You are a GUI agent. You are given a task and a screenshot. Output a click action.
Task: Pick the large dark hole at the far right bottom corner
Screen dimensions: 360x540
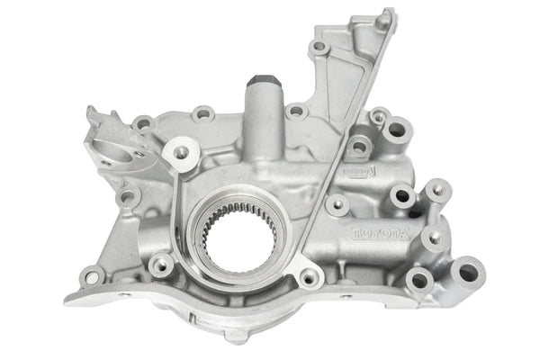(469, 271)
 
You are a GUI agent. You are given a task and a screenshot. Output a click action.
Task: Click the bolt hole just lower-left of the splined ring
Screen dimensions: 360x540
(162, 265)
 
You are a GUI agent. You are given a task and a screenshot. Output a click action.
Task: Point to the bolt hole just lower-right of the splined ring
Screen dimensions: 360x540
(309, 277)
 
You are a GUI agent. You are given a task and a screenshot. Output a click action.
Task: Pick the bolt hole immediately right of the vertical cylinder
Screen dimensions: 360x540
(295, 112)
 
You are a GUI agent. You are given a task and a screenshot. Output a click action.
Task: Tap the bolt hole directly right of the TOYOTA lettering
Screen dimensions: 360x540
(436, 238)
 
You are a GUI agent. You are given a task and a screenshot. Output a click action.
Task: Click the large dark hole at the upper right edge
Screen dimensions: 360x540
(397, 131)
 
